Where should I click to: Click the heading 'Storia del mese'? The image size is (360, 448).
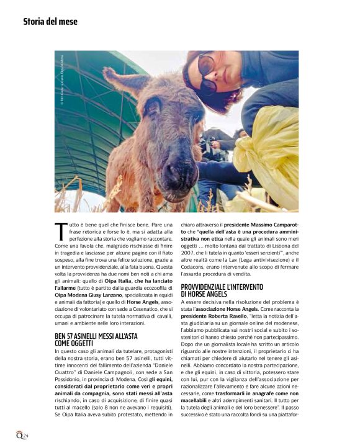coord(50,22)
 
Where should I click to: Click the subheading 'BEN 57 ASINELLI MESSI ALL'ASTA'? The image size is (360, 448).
coord(96,336)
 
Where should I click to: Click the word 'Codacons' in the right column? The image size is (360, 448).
coord(197,267)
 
